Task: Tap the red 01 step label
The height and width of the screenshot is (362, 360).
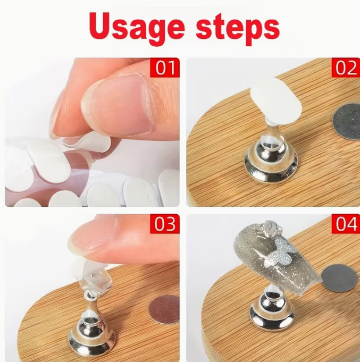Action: (x=165, y=68)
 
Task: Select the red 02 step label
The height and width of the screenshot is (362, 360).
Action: (x=346, y=68)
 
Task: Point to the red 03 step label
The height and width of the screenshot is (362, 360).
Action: (x=165, y=224)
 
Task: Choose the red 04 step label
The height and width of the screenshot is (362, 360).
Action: (x=346, y=224)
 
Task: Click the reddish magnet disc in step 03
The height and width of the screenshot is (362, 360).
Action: (x=164, y=309)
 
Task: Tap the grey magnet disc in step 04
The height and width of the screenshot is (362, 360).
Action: (x=339, y=277)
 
